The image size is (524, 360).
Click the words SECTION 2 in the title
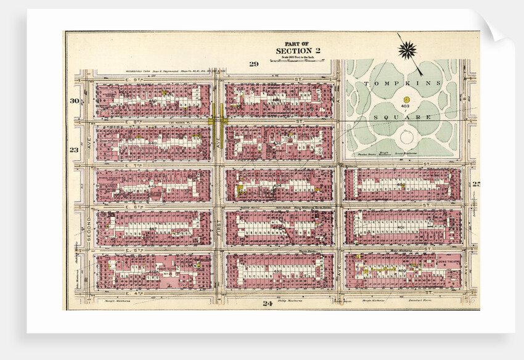coord(298,51)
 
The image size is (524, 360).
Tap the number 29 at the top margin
coord(253,64)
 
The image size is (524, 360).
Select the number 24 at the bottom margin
coord(267,303)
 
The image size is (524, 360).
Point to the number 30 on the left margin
coord(75,101)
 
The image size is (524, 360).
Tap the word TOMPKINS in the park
coord(404,83)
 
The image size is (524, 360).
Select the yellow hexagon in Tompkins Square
coord(406,99)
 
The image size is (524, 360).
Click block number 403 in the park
coord(405,106)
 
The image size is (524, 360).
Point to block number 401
coord(403,227)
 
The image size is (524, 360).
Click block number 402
coord(403,184)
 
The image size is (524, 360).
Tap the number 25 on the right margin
coord(475,184)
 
